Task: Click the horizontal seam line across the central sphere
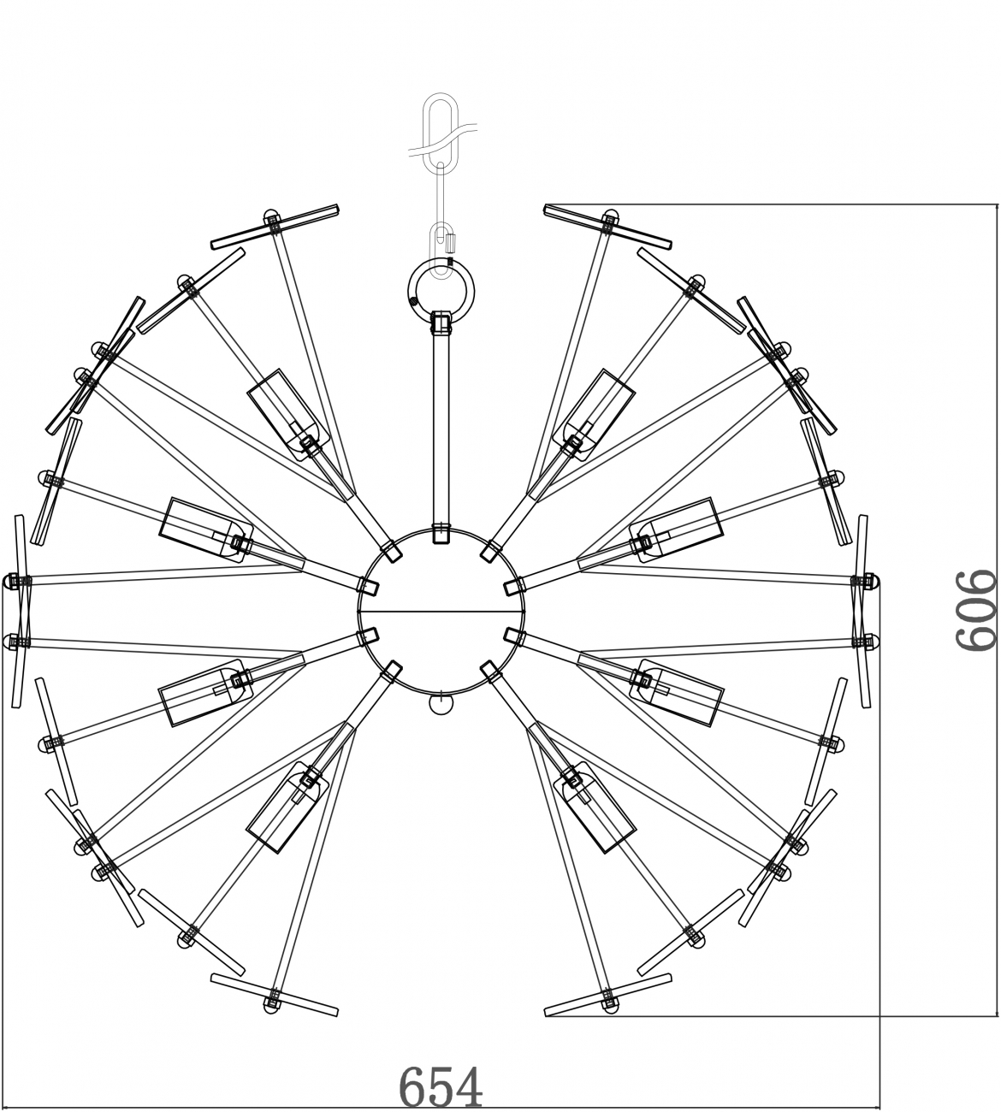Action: point(441,612)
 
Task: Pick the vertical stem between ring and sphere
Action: point(441,429)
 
